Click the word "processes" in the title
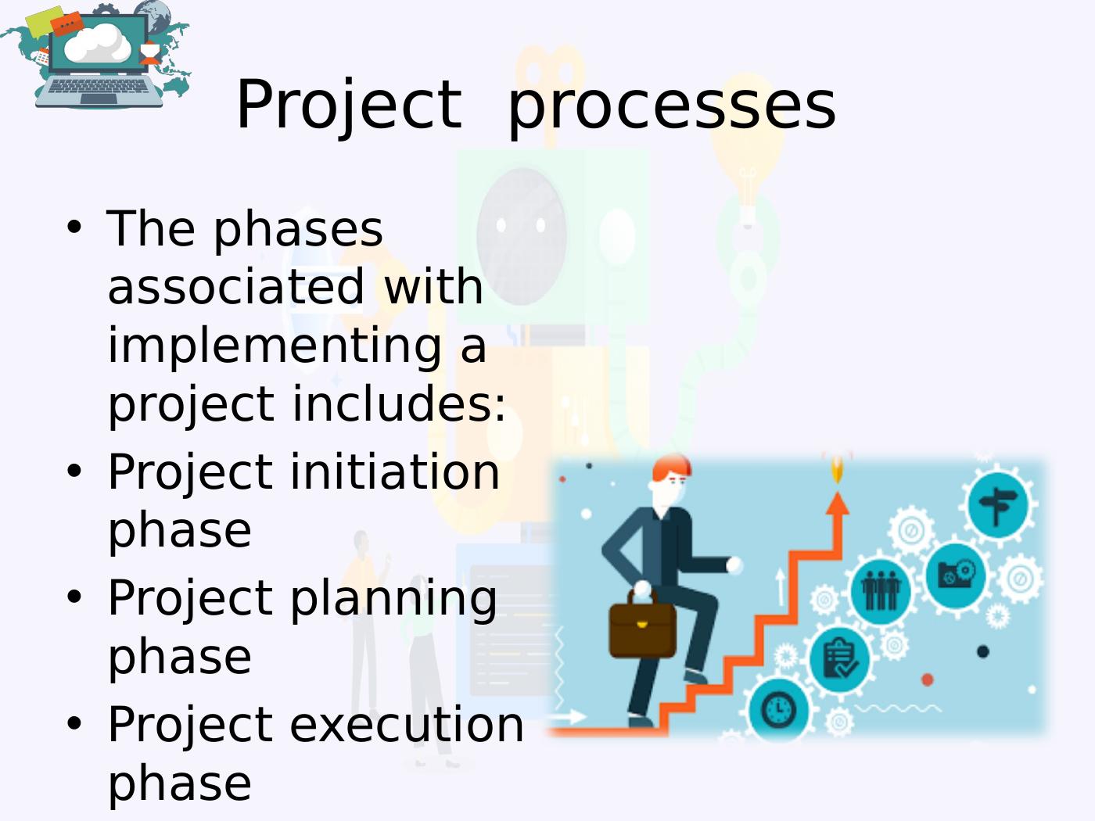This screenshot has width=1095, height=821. tap(671, 106)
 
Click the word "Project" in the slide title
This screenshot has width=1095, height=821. tap(349, 106)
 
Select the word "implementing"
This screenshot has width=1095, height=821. tap(275, 346)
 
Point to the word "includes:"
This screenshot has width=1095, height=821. tap(399, 403)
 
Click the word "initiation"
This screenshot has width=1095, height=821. tap(395, 471)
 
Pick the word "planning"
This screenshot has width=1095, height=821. tap(393, 599)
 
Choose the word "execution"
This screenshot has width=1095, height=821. tap(407, 725)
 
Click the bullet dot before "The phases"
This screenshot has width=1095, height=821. tap(74, 228)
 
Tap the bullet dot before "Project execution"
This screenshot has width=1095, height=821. tap(74, 723)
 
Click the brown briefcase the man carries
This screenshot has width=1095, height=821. tap(643, 626)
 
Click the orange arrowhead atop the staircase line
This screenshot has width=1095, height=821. tap(838, 503)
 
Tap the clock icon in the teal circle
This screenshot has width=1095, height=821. tap(779, 710)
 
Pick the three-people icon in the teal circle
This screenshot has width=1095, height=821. tap(881, 590)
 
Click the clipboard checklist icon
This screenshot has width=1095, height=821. tap(839, 658)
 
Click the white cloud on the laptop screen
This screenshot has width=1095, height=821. tap(98, 43)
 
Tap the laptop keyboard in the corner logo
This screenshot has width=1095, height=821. tap(99, 86)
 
